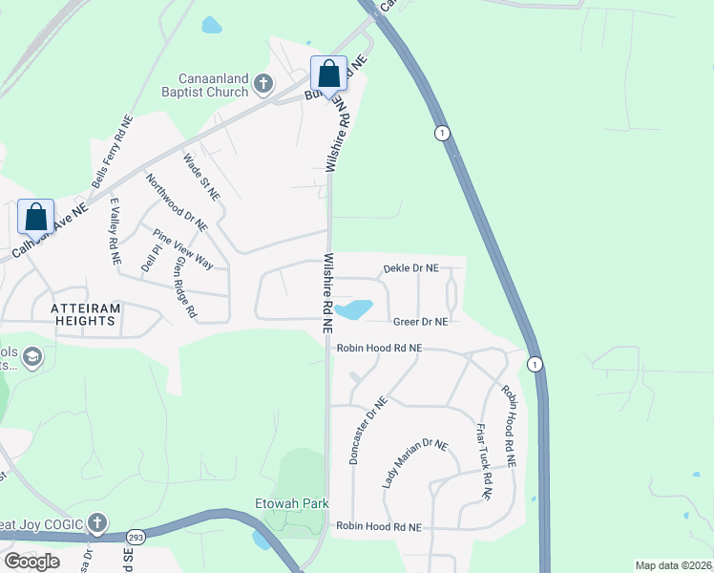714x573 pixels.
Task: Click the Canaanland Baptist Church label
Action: [x=212, y=85]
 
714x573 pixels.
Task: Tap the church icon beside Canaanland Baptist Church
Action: [x=264, y=86]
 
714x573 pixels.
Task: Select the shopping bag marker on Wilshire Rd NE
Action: [x=328, y=75]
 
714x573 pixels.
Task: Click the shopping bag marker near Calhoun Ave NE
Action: [x=35, y=218]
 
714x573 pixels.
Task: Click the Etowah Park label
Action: [x=292, y=502]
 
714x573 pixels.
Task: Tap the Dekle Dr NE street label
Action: [x=411, y=269]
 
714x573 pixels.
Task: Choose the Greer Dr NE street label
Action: [x=420, y=322]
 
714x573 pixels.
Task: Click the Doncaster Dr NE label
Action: [x=368, y=430]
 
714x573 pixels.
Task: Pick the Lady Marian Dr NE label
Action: [x=414, y=464]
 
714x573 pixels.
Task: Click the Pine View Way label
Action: [x=184, y=248]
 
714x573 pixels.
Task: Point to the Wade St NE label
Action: [x=201, y=178]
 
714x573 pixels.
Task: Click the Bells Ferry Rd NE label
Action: [x=111, y=154]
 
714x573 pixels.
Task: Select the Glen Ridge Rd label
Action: [x=185, y=286]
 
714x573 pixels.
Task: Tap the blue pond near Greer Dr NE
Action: [x=354, y=309]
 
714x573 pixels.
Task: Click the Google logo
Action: [x=31, y=561]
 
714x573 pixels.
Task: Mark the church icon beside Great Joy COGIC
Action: [x=96, y=523]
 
